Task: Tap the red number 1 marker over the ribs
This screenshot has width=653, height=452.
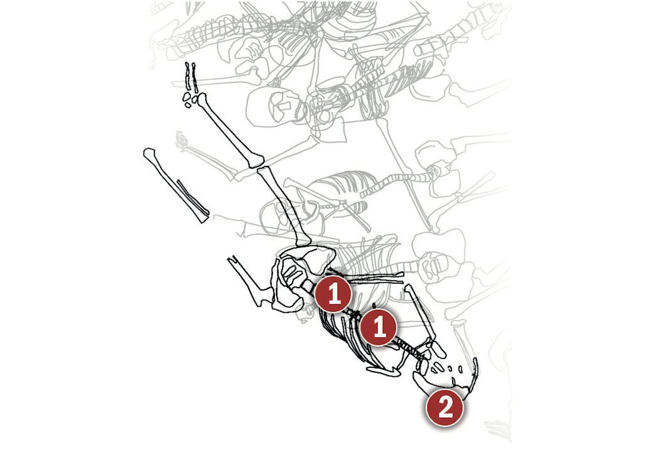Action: [379, 326]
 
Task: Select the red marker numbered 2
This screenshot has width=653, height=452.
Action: [444, 407]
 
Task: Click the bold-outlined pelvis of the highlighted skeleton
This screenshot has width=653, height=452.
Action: [300, 279]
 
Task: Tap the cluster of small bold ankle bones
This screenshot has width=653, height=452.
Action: [190, 99]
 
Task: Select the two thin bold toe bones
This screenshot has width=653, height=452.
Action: [191, 77]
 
